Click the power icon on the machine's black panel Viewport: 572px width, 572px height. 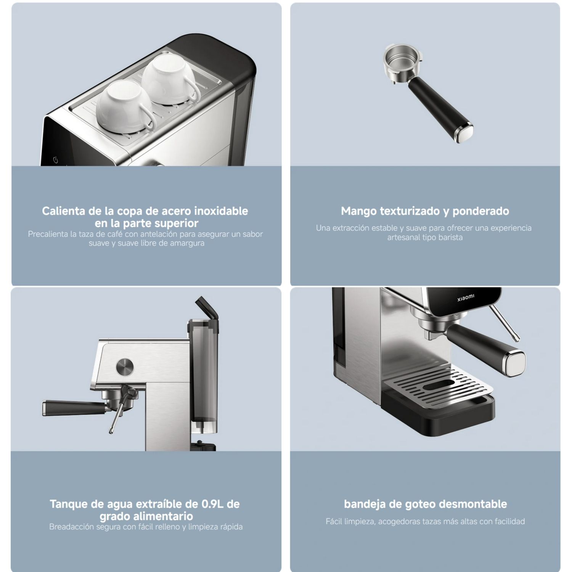56,160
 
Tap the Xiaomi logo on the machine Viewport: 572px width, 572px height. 466,297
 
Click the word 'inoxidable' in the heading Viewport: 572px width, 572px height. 221,211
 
